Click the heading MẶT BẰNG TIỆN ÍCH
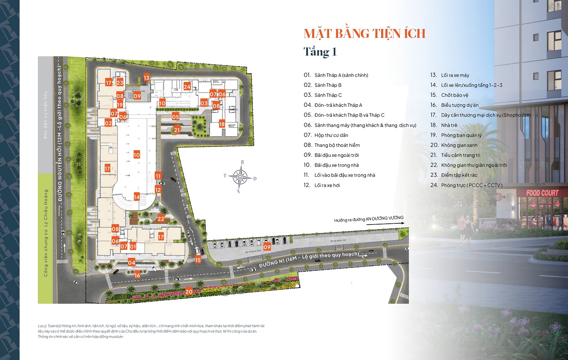tap(364, 33)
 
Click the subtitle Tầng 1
tap(320, 52)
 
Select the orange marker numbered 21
tap(177, 130)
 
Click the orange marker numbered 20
tap(189, 291)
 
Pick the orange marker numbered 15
tap(198, 260)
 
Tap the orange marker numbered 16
tap(138, 275)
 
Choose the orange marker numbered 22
tap(161, 218)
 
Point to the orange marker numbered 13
tap(146, 77)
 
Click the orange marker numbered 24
tap(187, 87)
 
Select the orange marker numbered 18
tap(222, 124)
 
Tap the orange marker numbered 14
tap(136, 196)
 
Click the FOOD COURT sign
tap(543, 193)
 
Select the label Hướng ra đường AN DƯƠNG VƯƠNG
tap(369, 219)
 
